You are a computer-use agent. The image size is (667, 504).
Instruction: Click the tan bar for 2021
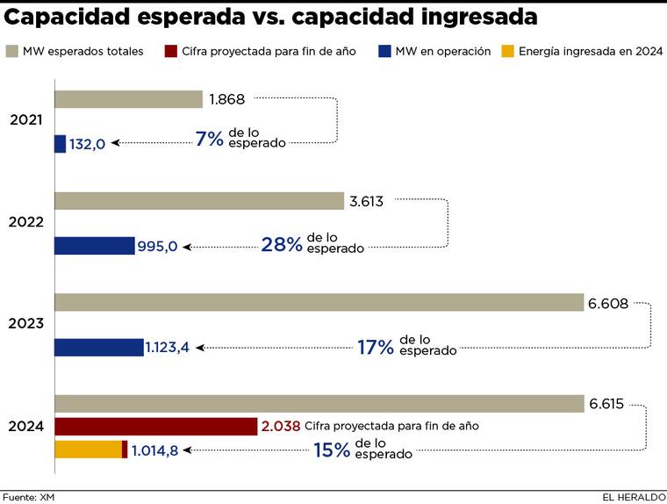pos(128,99)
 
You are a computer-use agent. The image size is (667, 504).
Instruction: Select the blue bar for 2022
pos(95,246)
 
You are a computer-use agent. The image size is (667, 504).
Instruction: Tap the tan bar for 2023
pos(319,302)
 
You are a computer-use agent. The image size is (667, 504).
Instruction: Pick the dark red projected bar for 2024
pos(155,426)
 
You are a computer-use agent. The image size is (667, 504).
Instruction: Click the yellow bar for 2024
pos(88,450)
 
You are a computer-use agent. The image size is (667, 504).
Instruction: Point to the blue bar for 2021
pos(60,144)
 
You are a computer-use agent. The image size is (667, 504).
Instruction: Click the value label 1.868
pos(226,99)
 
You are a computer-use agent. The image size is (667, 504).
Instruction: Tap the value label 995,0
pos(158,247)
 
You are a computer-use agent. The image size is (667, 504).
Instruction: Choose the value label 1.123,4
pos(168,348)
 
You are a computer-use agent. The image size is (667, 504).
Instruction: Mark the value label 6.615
pos(606,404)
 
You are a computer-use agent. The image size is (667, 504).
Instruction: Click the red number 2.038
pos(281,426)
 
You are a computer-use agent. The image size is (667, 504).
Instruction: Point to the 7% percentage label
pos(210,139)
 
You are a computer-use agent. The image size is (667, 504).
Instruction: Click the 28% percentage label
pos(281,244)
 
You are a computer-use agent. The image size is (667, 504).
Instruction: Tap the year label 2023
pos(26,324)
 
